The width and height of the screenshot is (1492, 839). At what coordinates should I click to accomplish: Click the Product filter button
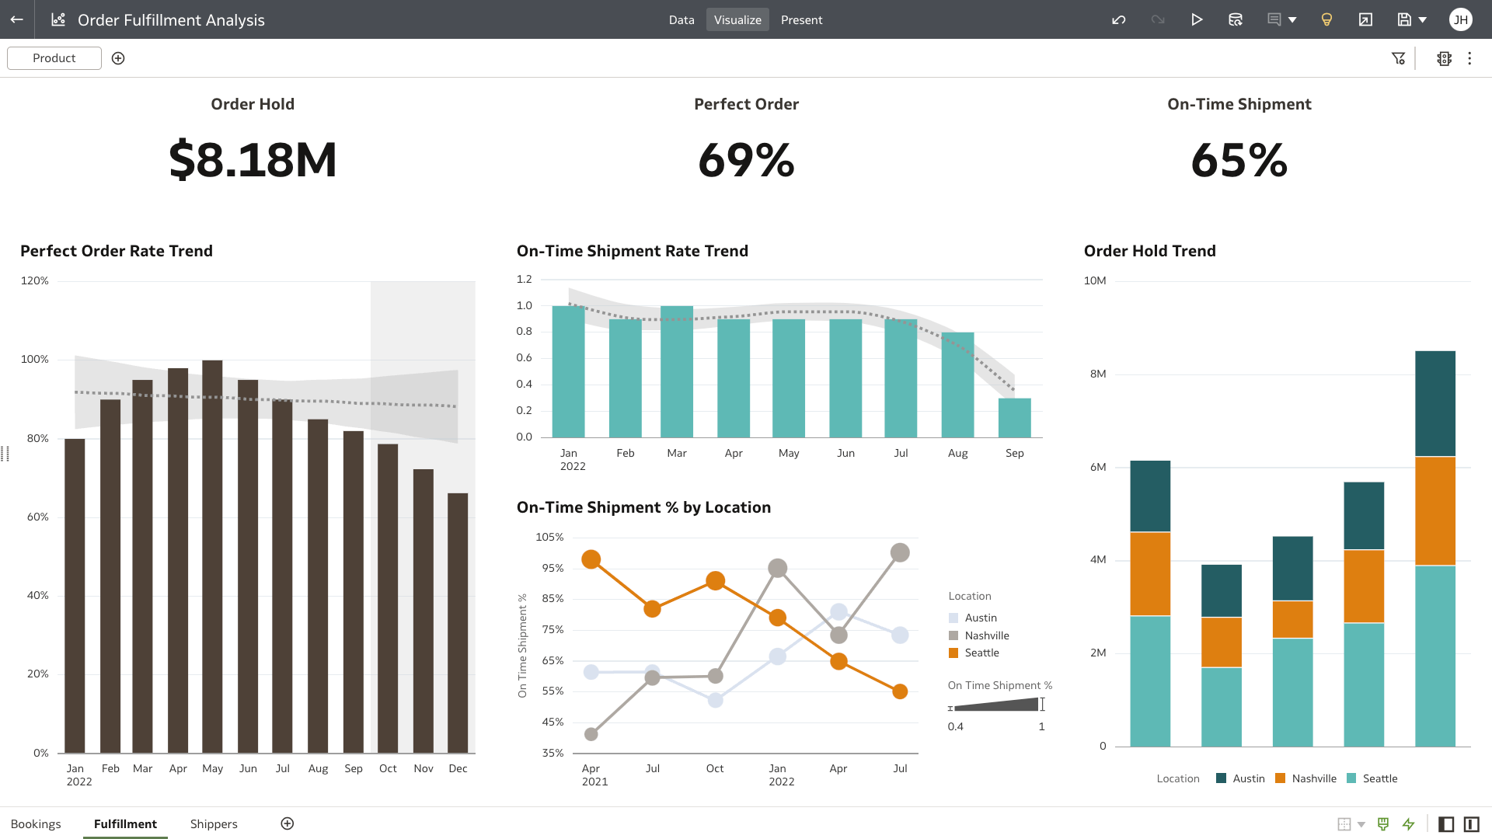[54, 58]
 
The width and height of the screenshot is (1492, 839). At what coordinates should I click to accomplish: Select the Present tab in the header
[801, 20]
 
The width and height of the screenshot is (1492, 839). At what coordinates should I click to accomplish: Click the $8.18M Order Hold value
[253, 160]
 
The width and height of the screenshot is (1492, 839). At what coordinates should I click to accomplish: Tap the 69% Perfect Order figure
[746, 160]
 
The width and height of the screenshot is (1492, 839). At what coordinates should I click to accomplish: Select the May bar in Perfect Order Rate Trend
[212, 556]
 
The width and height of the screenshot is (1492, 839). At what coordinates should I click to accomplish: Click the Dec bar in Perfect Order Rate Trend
[458, 622]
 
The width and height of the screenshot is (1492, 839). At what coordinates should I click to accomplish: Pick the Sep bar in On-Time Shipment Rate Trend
[1014, 418]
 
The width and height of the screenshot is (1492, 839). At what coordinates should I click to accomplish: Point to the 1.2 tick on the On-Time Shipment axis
[525, 280]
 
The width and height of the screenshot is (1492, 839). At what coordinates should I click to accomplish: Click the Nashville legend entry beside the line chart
[986, 635]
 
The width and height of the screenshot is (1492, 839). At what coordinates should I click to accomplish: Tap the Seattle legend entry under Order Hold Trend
[1379, 778]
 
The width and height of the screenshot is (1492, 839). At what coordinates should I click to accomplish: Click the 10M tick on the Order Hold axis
[1095, 281]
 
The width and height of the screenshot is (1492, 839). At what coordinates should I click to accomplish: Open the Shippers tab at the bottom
[214, 824]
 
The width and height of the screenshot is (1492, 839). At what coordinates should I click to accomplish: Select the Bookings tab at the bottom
[36, 824]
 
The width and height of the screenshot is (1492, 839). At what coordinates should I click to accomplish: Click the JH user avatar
[1461, 20]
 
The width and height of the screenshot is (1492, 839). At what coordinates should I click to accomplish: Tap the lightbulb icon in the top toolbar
[1326, 20]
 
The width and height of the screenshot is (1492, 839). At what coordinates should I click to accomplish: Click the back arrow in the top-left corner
[17, 20]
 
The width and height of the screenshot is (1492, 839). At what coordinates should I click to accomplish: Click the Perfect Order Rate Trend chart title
[117, 251]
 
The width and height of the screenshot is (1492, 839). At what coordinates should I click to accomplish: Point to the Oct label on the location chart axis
[714, 769]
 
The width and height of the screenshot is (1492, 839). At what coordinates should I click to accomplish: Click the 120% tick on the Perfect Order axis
[35, 281]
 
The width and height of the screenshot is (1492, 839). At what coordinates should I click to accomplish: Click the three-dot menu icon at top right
[1469, 58]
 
